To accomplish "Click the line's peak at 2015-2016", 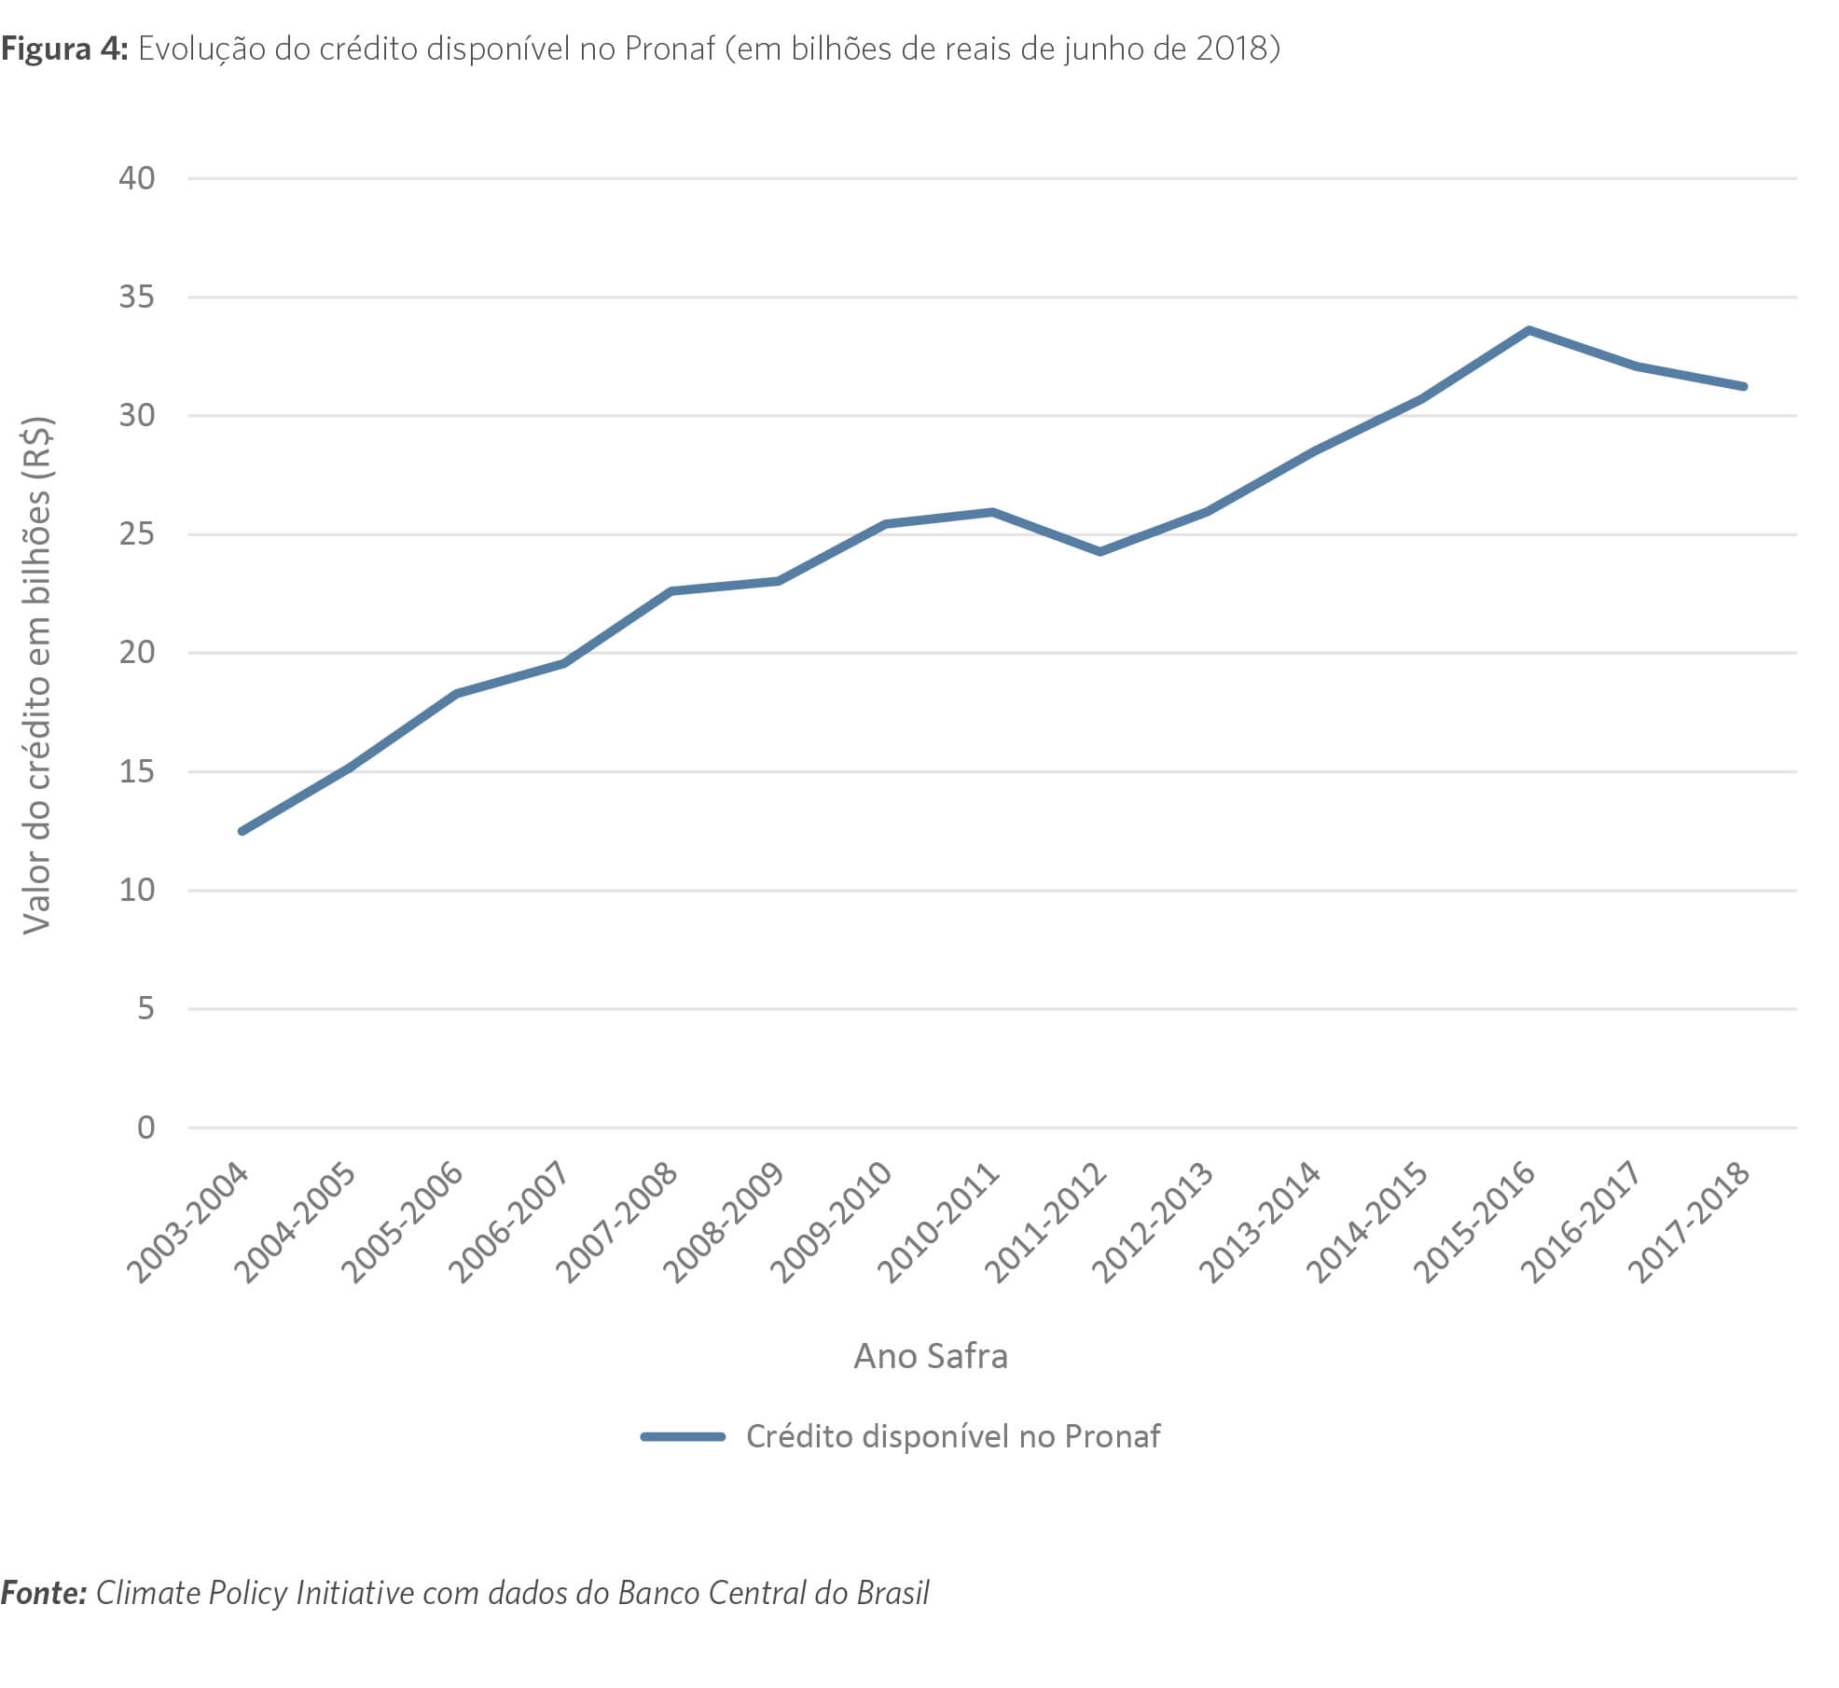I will (x=1528, y=330).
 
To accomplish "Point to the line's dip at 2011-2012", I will (x=1100, y=552).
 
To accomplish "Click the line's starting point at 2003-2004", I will (x=242, y=831).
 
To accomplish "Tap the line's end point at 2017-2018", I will (x=1743, y=386).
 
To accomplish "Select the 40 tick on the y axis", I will (x=136, y=178).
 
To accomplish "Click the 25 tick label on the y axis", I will (x=136, y=534).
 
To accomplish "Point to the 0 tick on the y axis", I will (x=145, y=1128).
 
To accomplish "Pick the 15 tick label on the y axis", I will (x=136, y=772).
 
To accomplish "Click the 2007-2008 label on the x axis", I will (x=616, y=1223).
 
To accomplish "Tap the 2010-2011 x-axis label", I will (x=938, y=1223).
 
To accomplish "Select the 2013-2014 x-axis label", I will (x=1260, y=1223).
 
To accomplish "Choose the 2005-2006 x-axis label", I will (x=402, y=1223).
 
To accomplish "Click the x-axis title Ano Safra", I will (x=931, y=1356).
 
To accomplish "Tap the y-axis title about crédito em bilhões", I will (x=37, y=675).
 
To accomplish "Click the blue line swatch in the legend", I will (x=683, y=1437).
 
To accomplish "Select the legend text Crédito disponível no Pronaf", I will (x=953, y=1437).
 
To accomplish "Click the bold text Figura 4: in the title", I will (x=63, y=48).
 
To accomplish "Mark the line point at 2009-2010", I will (x=885, y=524).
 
